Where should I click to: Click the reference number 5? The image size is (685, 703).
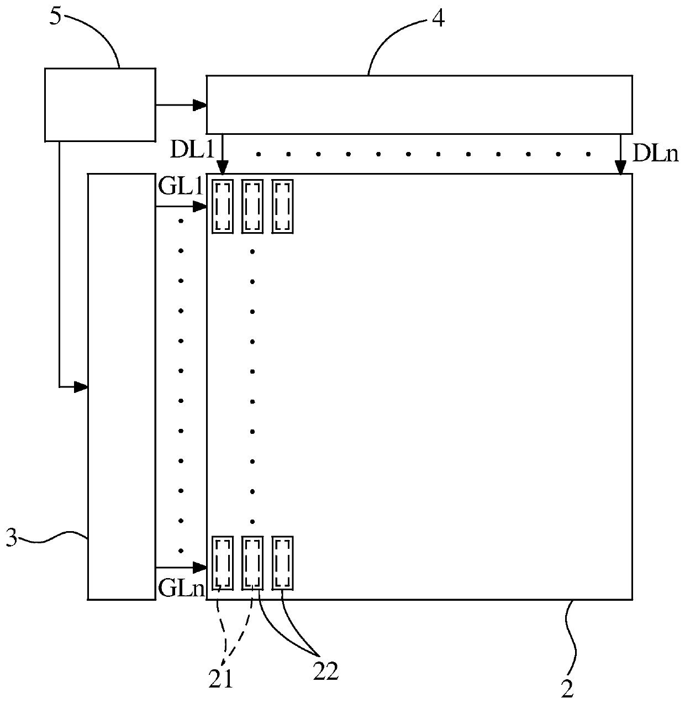click(56, 16)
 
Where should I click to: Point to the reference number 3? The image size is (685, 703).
click(11, 537)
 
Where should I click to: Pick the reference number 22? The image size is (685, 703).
click(325, 671)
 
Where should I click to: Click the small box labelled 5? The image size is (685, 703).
click(99, 103)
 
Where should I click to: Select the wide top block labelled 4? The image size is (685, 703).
click(419, 104)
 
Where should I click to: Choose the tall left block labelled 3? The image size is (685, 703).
click(122, 386)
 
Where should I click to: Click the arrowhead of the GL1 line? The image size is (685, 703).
click(200, 207)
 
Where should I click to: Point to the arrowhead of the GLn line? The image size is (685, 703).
click(200, 567)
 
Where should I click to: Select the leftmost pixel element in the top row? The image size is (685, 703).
click(223, 206)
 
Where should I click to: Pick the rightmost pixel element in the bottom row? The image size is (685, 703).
click(282, 563)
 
